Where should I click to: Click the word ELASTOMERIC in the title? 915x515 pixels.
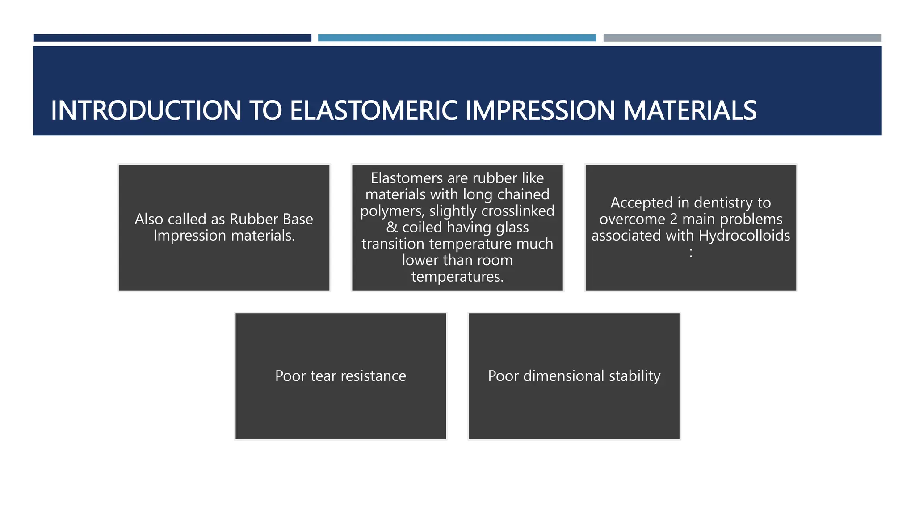click(374, 110)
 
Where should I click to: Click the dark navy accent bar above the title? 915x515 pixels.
click(172, 38)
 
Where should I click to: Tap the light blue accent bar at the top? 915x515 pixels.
click(457, 38)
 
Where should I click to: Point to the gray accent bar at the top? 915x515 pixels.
click(742, 38)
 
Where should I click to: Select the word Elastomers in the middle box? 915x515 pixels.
click(407, 178)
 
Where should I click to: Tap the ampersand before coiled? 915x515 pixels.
click(392, 227)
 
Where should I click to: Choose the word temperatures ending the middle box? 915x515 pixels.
click(457, 277)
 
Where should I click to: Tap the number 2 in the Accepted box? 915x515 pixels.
click(673, 219)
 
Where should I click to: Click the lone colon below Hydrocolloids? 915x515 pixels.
click(691, 253)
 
